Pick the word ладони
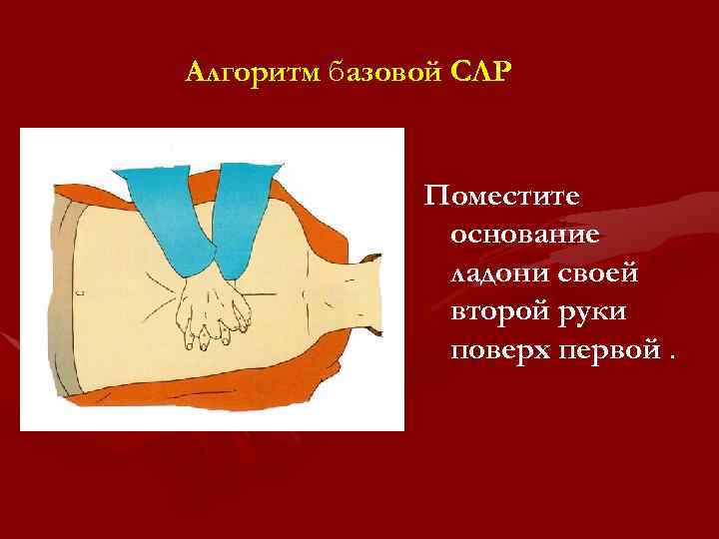coord(486,273)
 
